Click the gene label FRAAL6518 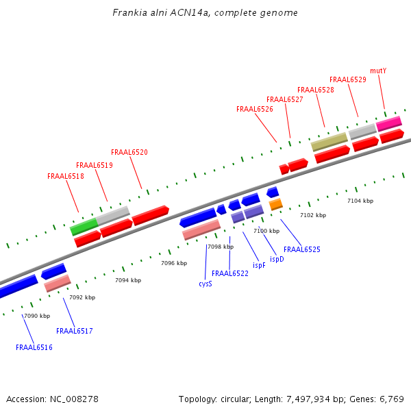66,176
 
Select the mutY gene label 378,71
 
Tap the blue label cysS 206,283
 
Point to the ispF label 259,265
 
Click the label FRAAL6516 34,347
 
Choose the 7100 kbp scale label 266,231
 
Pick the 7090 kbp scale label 37,316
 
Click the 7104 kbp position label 360,201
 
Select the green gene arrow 84,226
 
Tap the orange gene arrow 275,204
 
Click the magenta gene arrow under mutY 389,123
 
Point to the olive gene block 329,142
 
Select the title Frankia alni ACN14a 205,13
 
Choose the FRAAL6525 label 302,249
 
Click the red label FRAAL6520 129,152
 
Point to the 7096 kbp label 174,263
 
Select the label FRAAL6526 255,109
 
